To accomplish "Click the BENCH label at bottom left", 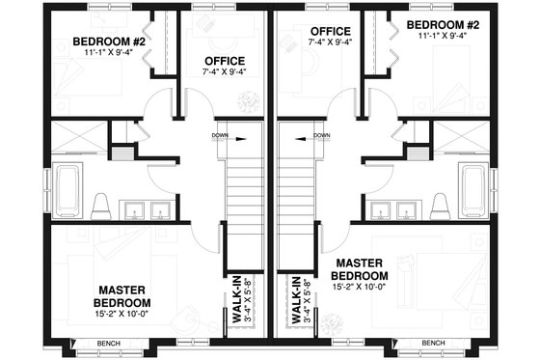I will tap(106, 343).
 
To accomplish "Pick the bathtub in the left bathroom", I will tap(68, 190).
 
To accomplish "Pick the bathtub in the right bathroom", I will tap(472, 190).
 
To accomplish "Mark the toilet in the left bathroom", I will tap(99, 206).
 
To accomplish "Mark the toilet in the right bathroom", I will tap(440, 206).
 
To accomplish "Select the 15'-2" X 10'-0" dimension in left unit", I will tap(120, 314).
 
